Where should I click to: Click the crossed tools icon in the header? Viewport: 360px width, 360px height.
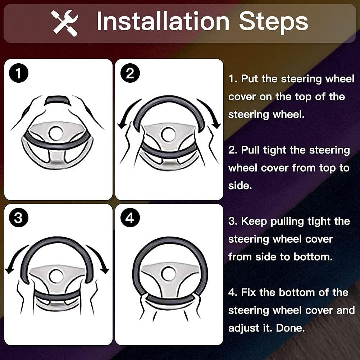click(65, 23)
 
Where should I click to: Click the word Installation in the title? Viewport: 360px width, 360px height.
click(163, 21)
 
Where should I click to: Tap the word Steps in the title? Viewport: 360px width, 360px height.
click(273, 22)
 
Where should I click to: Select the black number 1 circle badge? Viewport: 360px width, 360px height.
click(19, 73)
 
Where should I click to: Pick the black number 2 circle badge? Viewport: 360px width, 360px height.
click(130, 73)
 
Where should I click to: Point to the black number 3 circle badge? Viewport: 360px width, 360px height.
click(19, 218)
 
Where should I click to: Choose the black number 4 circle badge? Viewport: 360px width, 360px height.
click(130, 218)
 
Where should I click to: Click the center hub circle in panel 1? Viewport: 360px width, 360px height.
click(56, 133)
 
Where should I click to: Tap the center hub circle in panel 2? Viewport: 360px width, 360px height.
click(169, 134)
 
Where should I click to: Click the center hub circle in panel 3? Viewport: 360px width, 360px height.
click(56, 276)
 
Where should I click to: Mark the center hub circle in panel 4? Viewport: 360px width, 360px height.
click(169, 273)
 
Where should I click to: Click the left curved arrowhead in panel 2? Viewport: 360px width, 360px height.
click(122, 126)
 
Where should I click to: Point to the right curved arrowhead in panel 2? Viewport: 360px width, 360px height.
click(216, 125)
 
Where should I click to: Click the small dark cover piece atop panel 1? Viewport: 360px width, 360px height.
click(58, 100)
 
